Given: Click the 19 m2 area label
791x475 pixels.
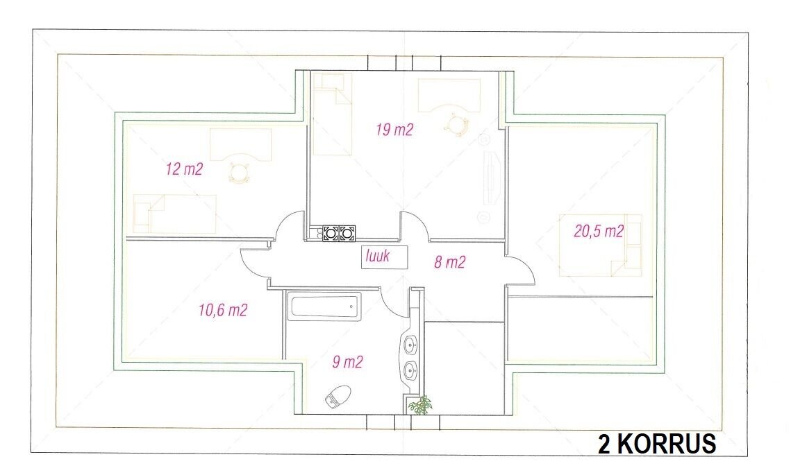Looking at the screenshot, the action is [x=394, y=130].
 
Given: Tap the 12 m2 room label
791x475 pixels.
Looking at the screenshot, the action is [x=184, y=169].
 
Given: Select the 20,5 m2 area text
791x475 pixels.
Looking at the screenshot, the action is [x=599, y=231].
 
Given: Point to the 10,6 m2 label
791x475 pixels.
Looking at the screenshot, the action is [x=223, y=310].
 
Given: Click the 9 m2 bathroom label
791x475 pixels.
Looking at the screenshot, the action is [x=347, y=362].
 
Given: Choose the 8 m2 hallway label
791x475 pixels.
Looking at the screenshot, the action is [x=449, y=262].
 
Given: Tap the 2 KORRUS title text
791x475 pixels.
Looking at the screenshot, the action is [x=657, y=444].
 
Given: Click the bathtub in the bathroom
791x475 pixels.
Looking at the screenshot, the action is [x=326, y=306].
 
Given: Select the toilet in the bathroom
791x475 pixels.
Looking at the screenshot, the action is [x=338, y=396].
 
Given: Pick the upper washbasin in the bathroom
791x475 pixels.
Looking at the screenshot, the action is [x=410, y=345].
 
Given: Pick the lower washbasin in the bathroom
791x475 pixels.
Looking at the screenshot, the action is [x=410, y=371].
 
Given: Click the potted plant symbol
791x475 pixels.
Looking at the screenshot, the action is [x=420, y=404].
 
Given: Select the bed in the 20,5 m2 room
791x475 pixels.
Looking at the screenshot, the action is [x=600, y=245].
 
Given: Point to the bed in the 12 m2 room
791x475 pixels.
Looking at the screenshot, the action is [x=174, y=214].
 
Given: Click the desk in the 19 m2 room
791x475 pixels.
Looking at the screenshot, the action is [x=449, y=95].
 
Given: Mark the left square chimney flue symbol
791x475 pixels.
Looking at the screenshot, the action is [x=331, y=233].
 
